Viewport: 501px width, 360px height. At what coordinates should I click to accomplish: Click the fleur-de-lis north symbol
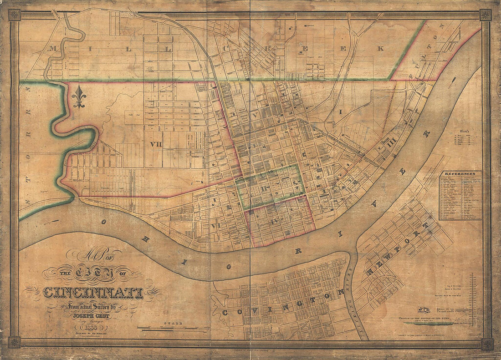point(79,97)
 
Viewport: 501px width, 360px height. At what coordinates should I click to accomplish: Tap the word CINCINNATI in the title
point(93,292)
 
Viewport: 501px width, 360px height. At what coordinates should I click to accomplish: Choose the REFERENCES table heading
point(460,173)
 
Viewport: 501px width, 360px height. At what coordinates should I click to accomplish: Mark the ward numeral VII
point(155,144)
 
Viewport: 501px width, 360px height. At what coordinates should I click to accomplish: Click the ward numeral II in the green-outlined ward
point(266,188)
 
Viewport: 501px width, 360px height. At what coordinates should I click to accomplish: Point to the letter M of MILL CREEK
point(54,49)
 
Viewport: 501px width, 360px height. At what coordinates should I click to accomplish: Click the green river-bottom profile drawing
point(428,324)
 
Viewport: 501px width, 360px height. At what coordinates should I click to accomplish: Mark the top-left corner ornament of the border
point(14,15)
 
